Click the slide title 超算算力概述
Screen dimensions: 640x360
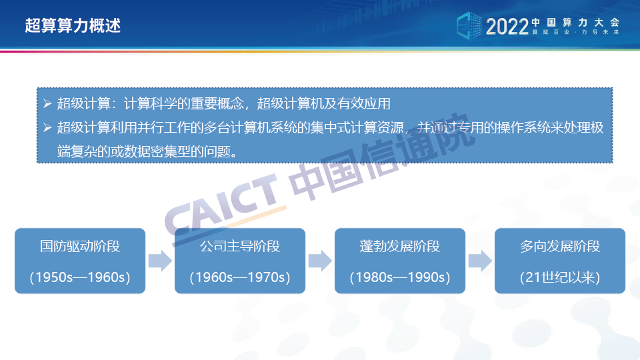[73, 25]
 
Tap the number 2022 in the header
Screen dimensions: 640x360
[507, 27]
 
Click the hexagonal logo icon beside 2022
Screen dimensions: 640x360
[469, 26]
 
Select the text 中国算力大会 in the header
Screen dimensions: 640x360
[575, 23]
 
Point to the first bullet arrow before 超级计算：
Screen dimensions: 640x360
[47, 103]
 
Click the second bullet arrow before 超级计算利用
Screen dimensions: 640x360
[47, 128]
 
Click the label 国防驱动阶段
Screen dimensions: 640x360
[80, 246]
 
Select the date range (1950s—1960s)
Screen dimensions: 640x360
[80, 277]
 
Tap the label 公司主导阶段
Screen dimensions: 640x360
[240, 246]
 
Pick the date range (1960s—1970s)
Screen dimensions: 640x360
[240, 277]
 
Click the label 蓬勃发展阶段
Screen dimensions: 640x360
[400, 246]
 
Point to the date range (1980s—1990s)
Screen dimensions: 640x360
[400, 277]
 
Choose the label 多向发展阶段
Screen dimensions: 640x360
[560, 246]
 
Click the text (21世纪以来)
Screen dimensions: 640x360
[560, 277]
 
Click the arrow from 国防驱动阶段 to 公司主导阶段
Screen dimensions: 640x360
[160, 261]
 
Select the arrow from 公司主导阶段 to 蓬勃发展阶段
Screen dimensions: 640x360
[320, 261]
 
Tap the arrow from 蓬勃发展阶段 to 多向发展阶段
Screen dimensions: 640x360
[480, 261]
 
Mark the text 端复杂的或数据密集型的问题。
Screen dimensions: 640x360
[148, 152]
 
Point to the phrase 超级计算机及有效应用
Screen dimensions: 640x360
[324, 104]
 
